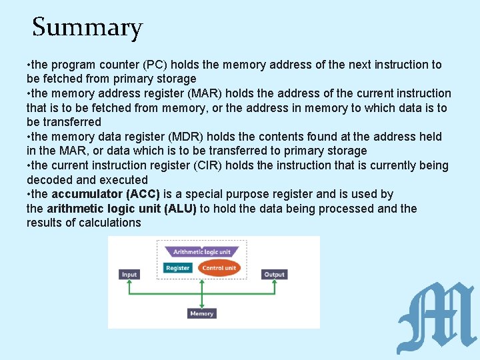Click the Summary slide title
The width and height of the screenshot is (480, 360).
coord(87,28)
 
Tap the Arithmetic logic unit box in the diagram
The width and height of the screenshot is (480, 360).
coord(201,252)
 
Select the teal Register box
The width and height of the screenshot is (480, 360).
coord(178,268)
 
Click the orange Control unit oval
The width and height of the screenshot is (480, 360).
coord(219,268)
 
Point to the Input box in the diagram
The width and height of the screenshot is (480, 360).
coord(129,274)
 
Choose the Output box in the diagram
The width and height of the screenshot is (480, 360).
coord(274,274)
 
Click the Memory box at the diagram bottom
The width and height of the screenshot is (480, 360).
coord(201,313)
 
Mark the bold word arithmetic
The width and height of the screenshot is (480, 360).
coord(72,209)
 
